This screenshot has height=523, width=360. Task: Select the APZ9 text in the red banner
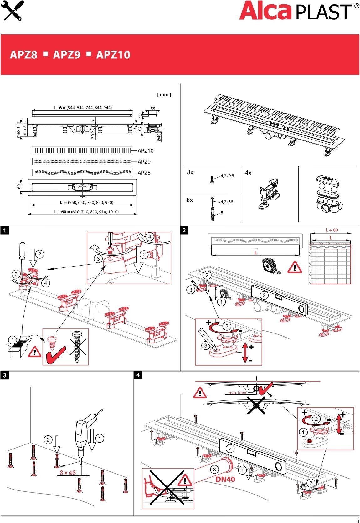coord(67,55)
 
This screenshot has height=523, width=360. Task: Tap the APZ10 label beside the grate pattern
coord(146,151)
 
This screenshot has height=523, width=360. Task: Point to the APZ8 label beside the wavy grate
coord(144,173)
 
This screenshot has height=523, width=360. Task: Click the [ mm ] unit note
coord(164,94)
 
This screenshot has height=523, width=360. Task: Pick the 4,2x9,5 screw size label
coord(227,176)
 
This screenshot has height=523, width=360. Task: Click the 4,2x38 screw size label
coord(227,202)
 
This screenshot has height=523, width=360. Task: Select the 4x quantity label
coord(248,173)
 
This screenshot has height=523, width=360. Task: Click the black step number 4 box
coord(138,375)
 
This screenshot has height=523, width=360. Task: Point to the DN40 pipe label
coord(225,479)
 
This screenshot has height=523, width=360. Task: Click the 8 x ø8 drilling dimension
coord(68,472)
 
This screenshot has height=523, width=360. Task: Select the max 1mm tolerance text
coord(237,393)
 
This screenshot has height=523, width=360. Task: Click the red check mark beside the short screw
coord(55,355)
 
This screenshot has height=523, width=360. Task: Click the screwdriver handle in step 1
coord(22,251)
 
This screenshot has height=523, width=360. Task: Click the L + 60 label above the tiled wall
coord(332,230)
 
